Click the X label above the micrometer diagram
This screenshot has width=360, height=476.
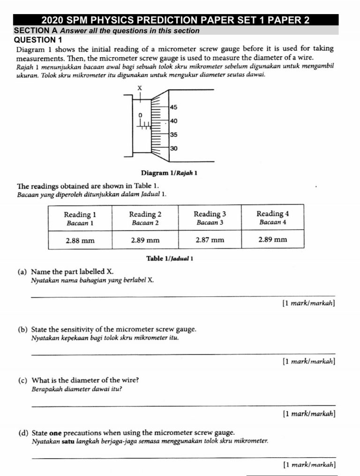(139, 88)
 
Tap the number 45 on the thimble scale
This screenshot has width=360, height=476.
(173, 107)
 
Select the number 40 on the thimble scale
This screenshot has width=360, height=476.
(173, 121)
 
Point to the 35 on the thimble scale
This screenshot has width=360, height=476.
(173, 135)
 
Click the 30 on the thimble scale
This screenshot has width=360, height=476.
(173, 148)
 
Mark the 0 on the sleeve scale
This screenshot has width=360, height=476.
(139, 114)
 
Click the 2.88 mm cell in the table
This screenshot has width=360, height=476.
(80, 240)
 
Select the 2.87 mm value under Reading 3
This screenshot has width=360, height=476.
(210, 240)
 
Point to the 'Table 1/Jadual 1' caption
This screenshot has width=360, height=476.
(170, 258)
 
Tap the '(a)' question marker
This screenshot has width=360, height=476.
(22, 272)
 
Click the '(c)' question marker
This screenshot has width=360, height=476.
(22, 380)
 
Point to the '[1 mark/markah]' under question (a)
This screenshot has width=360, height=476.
(308, 303)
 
